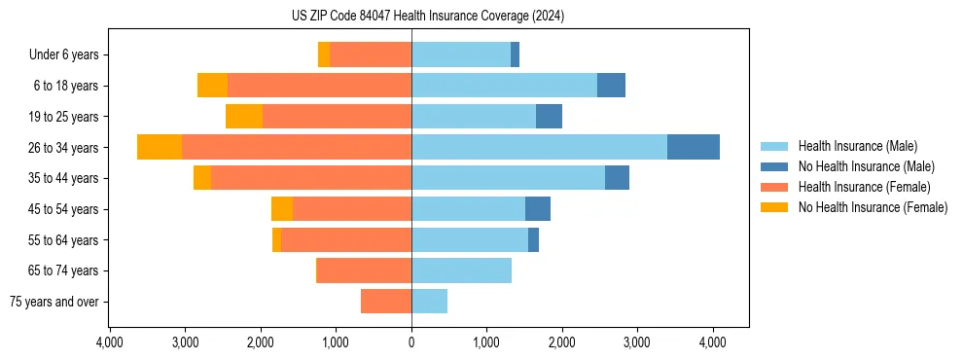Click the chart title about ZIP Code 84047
[x=427, y=16]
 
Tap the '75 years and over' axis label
[x=54, y=302]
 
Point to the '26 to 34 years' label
[x=65, y=147]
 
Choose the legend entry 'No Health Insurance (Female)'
[x=873, y=207]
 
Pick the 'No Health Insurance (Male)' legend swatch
[x=774, y=166]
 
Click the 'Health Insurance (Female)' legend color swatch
[x=774, y=187]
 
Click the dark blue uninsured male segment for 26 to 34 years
[x=693, y=147]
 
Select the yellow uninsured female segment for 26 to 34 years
[x=160, y=147]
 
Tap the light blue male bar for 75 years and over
[x=429, y=302]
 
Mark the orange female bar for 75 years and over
[x=386, y=302]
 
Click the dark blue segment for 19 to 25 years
[x=549, y=116]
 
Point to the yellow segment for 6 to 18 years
[x=212, y=86]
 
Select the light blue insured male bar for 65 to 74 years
[x=461, y=270]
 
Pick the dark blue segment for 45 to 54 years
[x=538, y=208]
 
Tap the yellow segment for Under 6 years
[x=324, y=54]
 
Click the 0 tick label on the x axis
[x=411, y=342]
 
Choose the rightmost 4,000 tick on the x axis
[x=712, y=342]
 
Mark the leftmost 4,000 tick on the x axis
[x=110, y=342]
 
